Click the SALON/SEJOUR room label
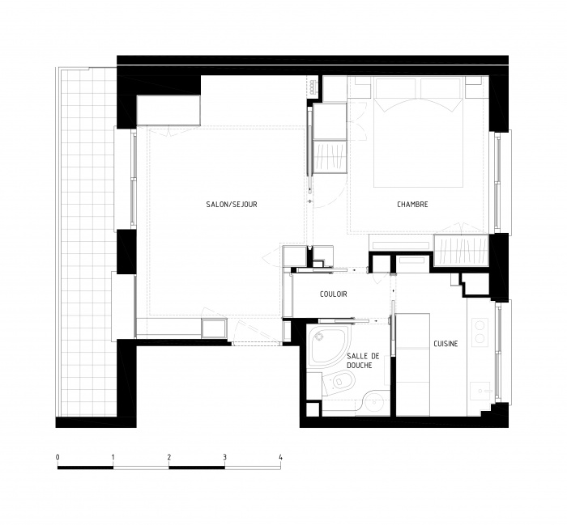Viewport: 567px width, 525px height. [x=232, y=205]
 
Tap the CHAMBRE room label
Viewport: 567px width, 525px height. [x=412, y=205]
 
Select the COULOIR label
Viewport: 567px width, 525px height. [x=334, y=294]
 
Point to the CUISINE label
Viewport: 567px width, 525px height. [x=446, y=344]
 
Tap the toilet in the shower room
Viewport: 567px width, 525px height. [x=339, y=382]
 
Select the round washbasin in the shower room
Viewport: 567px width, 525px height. [x=374, y=403]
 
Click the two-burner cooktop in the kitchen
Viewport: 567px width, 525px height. [x=480, y=331]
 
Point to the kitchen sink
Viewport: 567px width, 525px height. [x=481, y=391]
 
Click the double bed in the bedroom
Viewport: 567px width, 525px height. [x=419, y=132]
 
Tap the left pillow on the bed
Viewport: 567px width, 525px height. [x=397, y=89]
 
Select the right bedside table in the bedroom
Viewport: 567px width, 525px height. [x=475, y=87]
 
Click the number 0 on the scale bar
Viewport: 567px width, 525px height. [x=58, y=458]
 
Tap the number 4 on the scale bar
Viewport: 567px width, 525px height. [x=281, y=458]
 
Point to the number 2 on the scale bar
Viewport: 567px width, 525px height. [x=169, y=458]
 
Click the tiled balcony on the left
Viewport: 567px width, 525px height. [x=87, y=242]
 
